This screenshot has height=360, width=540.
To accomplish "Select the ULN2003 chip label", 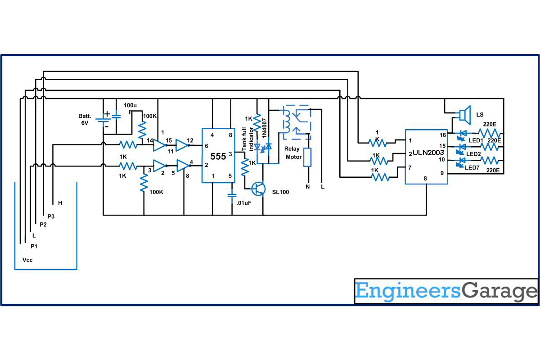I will [x=428, y=153].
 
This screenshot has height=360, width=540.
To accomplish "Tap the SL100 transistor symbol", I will [x=258, y=189].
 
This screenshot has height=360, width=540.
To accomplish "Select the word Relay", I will [x=292, y=148].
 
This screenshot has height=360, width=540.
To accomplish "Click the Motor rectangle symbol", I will [x=308, y=157].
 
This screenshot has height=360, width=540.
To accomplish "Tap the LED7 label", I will [x=472, y=167].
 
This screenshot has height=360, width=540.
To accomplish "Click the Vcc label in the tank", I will [x=27, y=260].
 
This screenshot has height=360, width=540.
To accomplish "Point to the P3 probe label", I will [x=51, y=216].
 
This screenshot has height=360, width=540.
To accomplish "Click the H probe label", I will [x=60, y=203].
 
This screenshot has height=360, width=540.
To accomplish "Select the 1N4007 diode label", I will [x=264, y=128].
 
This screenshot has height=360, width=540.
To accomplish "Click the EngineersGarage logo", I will [x=446, y=291].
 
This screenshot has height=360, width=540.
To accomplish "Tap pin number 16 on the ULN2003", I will [x=442, y=135].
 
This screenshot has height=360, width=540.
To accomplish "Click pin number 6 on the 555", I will [x=206, y=146].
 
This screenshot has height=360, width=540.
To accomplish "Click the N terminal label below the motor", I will [x=308, y=186].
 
